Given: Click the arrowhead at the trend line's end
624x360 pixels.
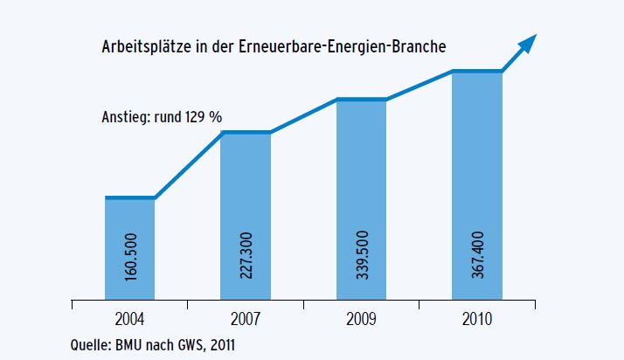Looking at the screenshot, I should [x=529, y=42].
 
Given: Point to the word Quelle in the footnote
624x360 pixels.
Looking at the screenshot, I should [x=91, y=344].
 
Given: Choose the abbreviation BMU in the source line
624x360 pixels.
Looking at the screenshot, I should [x=135, y=343].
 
